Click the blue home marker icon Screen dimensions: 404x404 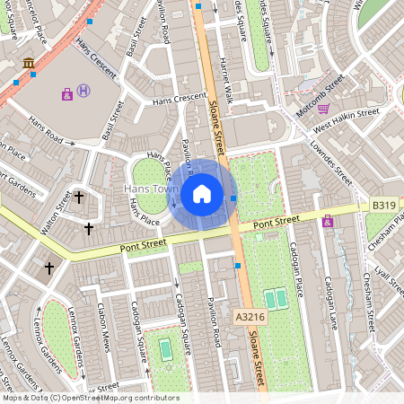(202, 193)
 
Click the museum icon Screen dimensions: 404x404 (29, 63)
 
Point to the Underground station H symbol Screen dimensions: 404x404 (83, 90)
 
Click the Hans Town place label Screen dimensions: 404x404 (150, 190)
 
